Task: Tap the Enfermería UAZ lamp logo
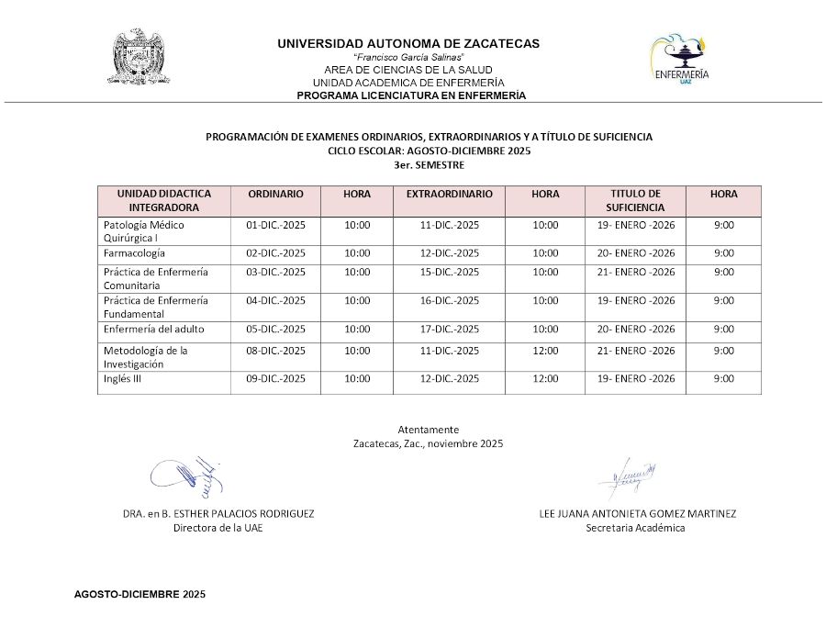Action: (679, 60)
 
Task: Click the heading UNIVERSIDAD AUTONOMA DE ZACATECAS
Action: (408, 43)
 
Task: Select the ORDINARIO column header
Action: (275, 195)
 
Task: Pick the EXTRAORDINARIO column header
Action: (449, 195)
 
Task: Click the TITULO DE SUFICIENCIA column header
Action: (635, 201)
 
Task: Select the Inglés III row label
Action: (122, 378)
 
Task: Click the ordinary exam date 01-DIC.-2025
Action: (276, 225)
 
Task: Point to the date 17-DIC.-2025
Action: (450, 329)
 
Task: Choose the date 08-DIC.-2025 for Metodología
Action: (276, 351)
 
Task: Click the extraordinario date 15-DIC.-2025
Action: (450, 272)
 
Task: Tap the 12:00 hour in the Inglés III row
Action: (545, 378)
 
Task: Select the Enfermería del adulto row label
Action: (154, 329)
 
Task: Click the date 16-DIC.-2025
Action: (450, 300)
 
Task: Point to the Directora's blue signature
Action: (188, 475)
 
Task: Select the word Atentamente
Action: (428, 430)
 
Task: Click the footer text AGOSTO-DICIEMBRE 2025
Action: (140, 595)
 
